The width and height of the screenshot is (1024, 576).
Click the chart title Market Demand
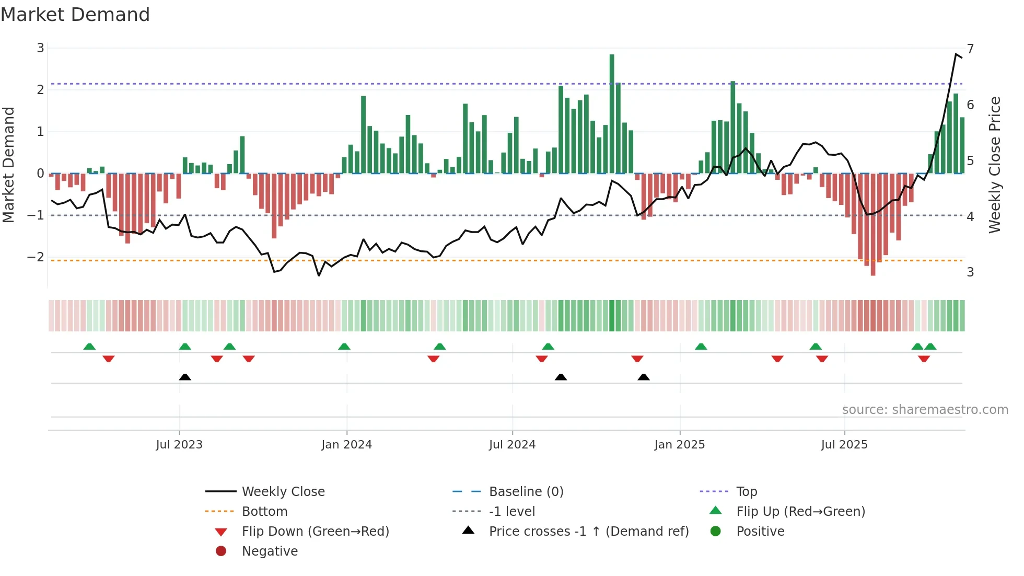75,15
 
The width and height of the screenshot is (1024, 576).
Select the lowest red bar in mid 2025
873,225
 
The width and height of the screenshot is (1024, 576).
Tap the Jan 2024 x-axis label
346,445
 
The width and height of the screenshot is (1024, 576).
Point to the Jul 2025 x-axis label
844,445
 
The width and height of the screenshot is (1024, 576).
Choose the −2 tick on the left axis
36,257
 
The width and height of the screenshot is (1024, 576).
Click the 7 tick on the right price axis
970,49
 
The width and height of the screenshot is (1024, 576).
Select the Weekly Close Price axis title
995,165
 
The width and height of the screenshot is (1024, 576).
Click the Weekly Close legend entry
283,492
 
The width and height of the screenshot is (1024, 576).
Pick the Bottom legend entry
264,512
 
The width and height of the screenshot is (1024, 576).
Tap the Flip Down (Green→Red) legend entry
315,532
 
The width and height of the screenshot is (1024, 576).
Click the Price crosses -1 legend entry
588,532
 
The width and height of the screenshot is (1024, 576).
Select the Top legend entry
747,492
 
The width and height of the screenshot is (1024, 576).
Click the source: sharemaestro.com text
925,410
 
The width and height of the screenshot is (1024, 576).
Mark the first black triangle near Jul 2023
185,377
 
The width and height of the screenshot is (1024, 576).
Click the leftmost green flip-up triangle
89,347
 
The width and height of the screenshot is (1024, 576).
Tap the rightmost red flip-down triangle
924,359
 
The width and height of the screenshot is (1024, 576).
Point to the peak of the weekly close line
956,54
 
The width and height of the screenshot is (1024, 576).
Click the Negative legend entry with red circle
270,551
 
